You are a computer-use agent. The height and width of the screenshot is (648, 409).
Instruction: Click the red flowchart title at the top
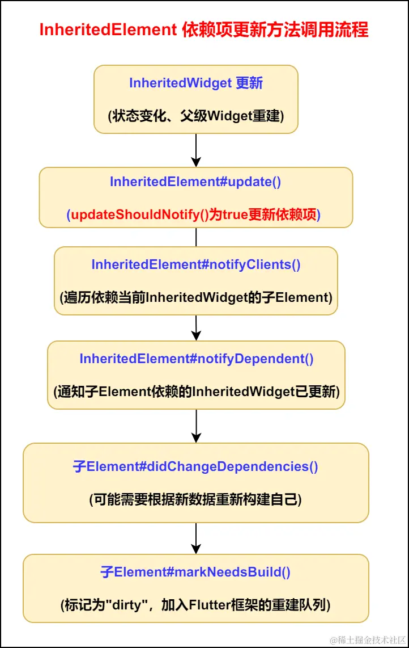[204, 30]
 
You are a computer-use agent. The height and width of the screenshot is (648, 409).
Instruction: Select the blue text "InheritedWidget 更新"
[196, 83]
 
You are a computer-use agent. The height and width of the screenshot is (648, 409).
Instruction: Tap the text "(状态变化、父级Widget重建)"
[196, 116]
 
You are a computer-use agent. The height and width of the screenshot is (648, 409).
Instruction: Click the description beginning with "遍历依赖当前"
[196, 297]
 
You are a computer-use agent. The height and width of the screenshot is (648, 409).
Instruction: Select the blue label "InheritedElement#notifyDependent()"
[196, 359]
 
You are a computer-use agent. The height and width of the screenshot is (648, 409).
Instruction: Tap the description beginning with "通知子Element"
[196, 392]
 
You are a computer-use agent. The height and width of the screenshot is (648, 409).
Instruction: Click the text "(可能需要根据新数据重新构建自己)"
[196, 500]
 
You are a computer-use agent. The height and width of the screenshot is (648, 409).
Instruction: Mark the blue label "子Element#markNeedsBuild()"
[196, 572]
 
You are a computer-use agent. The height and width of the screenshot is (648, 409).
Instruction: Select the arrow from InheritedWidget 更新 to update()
[196, 150]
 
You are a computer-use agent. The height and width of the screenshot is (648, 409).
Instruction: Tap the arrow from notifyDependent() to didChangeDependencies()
[196, 426]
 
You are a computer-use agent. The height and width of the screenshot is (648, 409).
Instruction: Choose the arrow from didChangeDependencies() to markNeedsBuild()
[196, 538]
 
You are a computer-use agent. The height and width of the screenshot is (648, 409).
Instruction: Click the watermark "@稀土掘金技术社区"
[368, 639]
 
